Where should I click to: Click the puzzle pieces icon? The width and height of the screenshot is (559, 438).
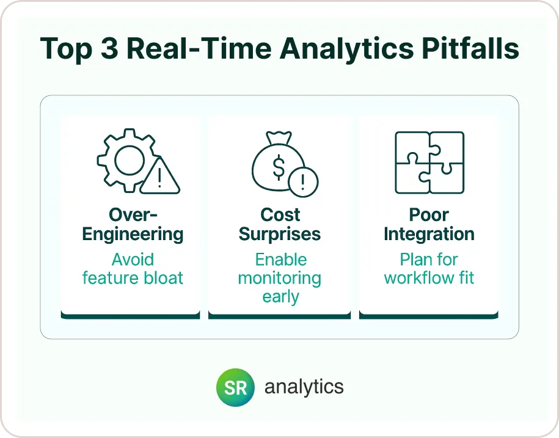coord(429,163)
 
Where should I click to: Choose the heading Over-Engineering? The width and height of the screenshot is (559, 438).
coord(133,224)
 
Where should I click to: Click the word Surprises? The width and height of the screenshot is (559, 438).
coord(280,234)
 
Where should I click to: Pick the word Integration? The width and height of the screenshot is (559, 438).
coord(429,234)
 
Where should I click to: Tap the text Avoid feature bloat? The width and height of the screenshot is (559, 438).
coord(133,269)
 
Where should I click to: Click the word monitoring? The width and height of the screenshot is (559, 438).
coord(280,278)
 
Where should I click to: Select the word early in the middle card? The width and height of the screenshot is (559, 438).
coord(280,297)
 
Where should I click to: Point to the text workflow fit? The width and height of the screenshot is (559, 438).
coord(429,278)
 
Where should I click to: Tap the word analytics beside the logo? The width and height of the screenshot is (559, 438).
coord(304,387)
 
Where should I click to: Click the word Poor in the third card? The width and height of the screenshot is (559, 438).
coord(429,215)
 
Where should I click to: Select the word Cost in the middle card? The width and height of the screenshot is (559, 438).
coord(280,215)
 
